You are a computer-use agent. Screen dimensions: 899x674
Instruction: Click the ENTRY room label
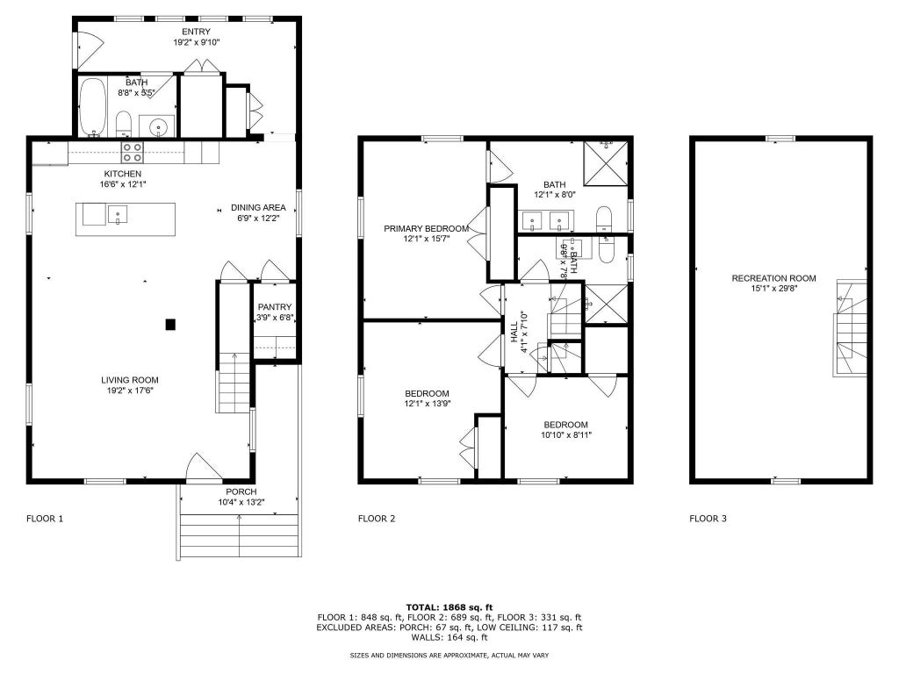pyautogui.click(x=196, y=32)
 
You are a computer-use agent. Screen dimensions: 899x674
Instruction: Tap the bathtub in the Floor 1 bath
pyautogui.click(x=91, y=106)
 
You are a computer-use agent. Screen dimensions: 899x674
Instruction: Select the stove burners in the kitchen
pyautogui.click(x=132, y=152)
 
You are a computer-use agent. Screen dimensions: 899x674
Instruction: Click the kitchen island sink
pyautogui.click(x=118, y=214)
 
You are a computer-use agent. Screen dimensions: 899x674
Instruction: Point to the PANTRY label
pyautogui.click(x=275, y=306)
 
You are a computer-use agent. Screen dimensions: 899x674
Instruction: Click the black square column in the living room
pyautogui.click(x=170, y=325)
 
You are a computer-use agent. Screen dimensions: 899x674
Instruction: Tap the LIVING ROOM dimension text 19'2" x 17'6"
pyautogui.click(x=130, y=391)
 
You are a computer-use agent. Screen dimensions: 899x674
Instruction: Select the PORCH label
pyautogui.click(x=241, y=491)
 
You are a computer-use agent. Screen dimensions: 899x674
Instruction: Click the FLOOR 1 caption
pyautogui.click(x=45, y=519)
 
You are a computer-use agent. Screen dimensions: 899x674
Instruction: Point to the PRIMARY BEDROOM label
pyautogui.click(x=426, y=228)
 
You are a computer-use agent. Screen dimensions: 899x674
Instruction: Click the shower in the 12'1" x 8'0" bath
pyautogui.click(x=606, y=162)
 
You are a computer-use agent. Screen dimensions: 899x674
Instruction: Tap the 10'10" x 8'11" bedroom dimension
pyautogui.click(x=566, y=435)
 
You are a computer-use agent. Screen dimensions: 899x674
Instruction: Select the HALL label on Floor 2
pyautogui.click(x=514, y=332)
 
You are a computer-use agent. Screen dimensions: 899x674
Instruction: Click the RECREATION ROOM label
pyautogui.click(x=774, y=278)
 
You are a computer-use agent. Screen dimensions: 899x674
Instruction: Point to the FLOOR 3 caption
pyautogui.click(x=708, y=519)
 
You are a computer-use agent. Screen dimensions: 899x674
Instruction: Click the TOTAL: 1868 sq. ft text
pyautogui.click(x=449, y=607)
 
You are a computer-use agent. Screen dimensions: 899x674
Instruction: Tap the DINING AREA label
pyautogui.click(x=258, y=207)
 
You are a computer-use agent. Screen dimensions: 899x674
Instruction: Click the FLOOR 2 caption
pyautogui.click(x=377, y=519)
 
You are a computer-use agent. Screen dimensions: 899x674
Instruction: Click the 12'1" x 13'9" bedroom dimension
pyautogui.click(x=428, y=404)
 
